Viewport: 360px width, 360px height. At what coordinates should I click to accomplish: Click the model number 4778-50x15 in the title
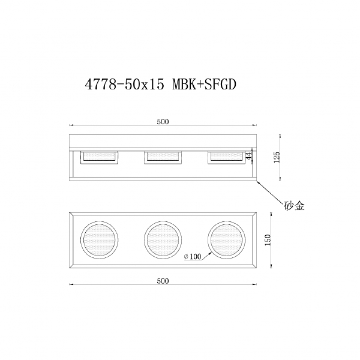coord(125,85)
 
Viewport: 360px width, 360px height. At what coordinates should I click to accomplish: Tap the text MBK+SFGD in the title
coord(205,85)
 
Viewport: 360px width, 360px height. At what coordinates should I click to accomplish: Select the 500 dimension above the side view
coord(163,122)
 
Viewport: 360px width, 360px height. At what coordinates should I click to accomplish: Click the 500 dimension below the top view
coord(163,281)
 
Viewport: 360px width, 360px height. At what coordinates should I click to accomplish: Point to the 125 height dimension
coord(277,157)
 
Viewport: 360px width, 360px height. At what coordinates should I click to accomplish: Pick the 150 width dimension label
coord(268,240)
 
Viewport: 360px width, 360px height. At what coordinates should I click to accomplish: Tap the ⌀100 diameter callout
coord(193,256)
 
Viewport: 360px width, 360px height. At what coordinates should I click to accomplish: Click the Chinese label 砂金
coord(295,206)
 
